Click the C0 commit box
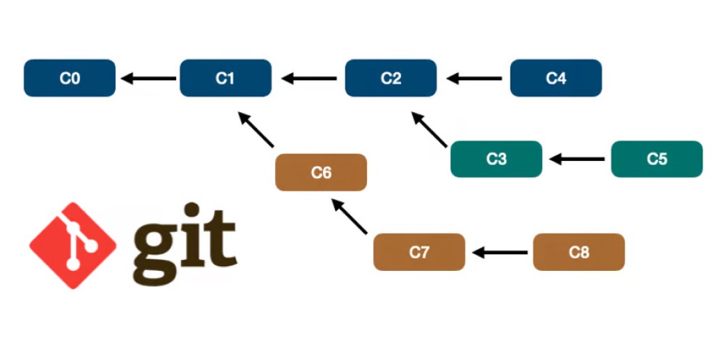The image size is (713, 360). click(70, 78)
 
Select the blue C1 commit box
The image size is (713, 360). click(226, 78)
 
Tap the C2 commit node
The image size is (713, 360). click(391, 78)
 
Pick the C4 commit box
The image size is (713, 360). click(556, 78)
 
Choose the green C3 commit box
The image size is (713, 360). click(496, 159)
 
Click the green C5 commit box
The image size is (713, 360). click(657, 159)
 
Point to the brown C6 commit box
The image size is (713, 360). click(321, 172)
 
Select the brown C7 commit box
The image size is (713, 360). click(419, 252)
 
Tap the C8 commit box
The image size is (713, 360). click(579, 252)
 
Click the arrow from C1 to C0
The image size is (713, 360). click(149, 79)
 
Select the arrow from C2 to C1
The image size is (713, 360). click(309, 79)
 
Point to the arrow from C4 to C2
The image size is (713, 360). click(474, 79)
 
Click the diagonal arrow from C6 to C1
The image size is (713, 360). click(256, 130)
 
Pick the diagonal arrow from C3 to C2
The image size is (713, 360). click(429, 130)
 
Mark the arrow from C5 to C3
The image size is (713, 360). click(577, 159)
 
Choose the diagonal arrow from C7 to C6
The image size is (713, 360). click(350, 217)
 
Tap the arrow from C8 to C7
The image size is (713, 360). click(500, 252)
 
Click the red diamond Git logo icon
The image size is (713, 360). click(72, 245)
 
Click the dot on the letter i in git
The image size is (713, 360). click(192, 210)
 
